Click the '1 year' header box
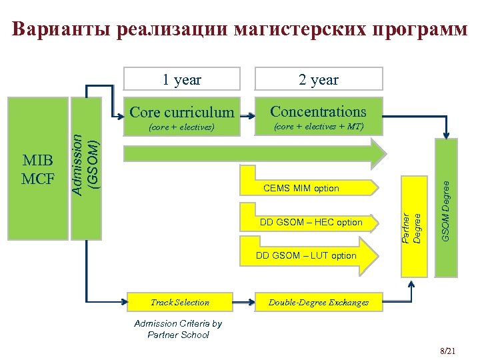(x=182, y=80)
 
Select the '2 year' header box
(x=319, y=80)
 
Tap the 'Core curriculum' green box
(x=182, y=117)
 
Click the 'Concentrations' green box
(x=319, y=117)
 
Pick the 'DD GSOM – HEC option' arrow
(x=312, y=222)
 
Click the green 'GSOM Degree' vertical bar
(x=446, y=207)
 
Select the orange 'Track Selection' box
(x=180, y=302)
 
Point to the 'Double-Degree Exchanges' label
(x=319, y=302)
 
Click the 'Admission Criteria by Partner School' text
(x=178, y=329)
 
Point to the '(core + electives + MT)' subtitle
(x=319, y=126)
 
